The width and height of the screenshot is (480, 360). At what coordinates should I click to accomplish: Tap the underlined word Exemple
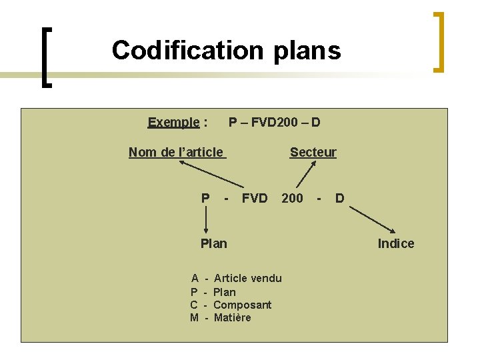tap(173, 123)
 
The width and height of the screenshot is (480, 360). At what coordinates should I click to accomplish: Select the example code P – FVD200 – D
tap(274, 123)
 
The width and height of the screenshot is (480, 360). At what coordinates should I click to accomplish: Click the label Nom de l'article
tap(176, 153)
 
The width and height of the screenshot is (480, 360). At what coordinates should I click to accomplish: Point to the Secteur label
tap(313, 153)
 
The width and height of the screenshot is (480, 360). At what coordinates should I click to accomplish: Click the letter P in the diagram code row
tap(205, 198)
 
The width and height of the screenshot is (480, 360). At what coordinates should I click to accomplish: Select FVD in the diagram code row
tap(255, 198)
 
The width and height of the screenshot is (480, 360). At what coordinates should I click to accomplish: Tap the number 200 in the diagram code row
tap(292, 198)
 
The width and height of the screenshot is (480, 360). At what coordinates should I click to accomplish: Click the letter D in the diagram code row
tap(340, 198)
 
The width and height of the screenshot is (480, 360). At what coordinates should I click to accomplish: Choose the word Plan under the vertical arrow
tap(213, 244)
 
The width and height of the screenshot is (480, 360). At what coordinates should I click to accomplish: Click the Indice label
tap(396, 244)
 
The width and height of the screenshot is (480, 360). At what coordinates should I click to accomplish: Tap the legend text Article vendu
tap(247, 279)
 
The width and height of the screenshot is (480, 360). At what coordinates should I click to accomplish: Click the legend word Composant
tap(243, 305)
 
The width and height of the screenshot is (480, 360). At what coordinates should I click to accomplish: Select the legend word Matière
tap(233, 318)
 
